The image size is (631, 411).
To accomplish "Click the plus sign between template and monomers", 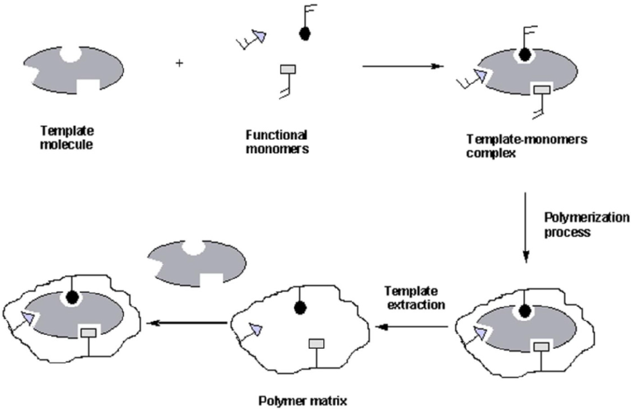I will click(x=179, y=63).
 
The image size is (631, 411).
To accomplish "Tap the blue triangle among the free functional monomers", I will click(x=261, y=38).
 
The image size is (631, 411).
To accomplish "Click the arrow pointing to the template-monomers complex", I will click(x=403, y=66).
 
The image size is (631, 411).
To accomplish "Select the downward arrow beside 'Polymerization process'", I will click(x=525, y=228).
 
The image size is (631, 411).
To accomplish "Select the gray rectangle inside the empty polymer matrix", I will click(x=316, y=343).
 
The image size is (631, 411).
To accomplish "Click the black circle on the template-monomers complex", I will click(x=524, y=55).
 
